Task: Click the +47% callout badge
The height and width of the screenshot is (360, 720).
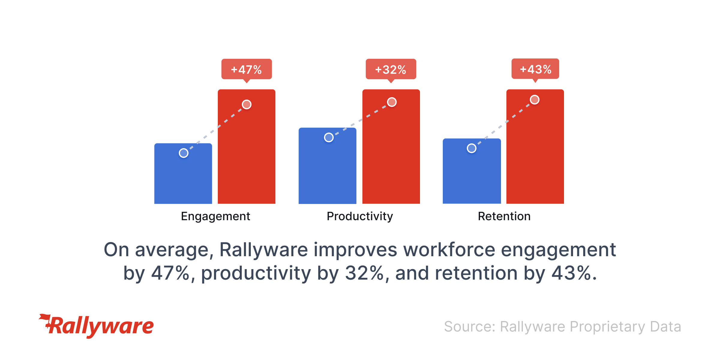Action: [247, 69]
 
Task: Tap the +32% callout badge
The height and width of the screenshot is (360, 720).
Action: [391, 69]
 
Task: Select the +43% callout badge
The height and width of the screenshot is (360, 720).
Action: [535, 69]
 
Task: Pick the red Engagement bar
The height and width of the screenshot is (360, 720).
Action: [247, 156]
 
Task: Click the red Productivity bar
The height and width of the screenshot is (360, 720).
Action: [391, 156]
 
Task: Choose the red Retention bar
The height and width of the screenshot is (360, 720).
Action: [535, 156]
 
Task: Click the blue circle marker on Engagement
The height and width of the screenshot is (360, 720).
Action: [184, 153]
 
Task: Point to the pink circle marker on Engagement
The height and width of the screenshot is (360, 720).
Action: [247, 104]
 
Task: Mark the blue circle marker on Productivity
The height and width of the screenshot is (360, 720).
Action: [329, 137]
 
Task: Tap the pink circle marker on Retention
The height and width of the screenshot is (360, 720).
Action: [535, 100]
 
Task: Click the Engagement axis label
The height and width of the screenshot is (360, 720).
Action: [215, 216]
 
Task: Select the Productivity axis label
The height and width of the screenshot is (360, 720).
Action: [360, 216]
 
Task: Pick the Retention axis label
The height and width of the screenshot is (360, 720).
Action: [504, 216]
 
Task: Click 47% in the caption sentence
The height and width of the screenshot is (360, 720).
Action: [170, 273]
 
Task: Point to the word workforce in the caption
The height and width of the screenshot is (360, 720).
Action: [449, 250]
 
